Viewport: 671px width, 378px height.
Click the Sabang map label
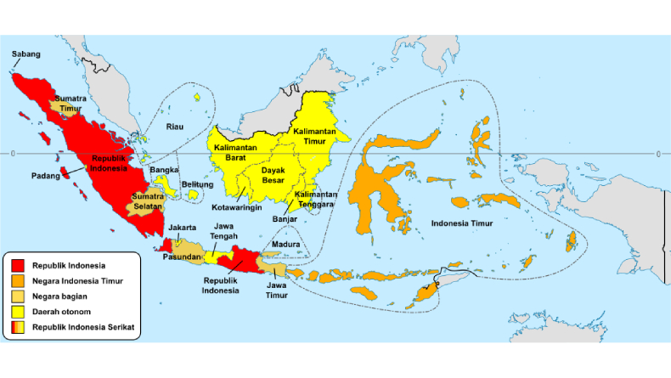pyautogui.click(x=25, y=54)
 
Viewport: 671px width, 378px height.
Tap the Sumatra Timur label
pyautogui.click(x=70, y=104)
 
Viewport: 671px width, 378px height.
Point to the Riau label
pyautogui.click(x=175, y=127)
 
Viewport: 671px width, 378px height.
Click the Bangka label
pyautogui.click(x=164, y=170)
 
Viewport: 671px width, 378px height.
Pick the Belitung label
pyautogui.click(x=197, y=184)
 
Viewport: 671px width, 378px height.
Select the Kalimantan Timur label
pyautogui.click(x=314, y=137)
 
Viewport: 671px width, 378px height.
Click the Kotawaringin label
pyautogui.click(x=236, y=207)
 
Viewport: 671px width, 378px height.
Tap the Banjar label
pyautogui.click(x=285, y=220)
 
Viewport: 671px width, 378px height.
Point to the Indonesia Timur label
pyautogui.click(x=460, y=224)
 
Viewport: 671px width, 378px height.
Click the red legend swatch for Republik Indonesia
pyautogui.click(x=18, y=267)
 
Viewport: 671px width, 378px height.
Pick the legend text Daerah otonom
pyautogui.click(x=61, y=312)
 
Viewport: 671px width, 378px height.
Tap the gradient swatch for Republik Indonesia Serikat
pyautogui.click(x=18, y=327)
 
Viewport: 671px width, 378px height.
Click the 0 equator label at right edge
pyautogui.click(x=659, y=154)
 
